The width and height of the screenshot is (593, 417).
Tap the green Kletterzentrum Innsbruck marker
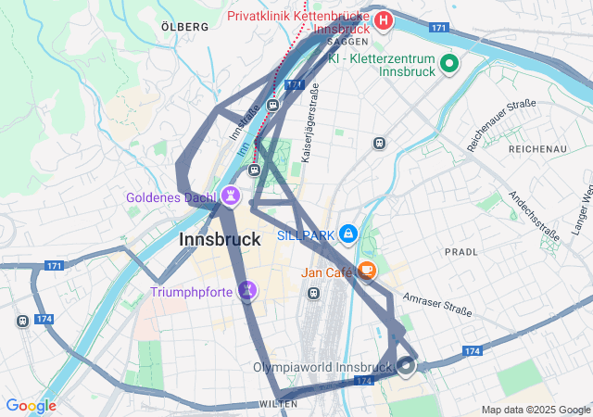tap(449, 63)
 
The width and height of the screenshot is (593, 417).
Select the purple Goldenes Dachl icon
tap(230, 196)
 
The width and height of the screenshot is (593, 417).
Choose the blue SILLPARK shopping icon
tap(348, 234)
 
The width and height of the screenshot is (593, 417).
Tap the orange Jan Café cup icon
tap(368, 272)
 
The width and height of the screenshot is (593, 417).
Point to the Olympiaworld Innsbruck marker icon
tap(406, 366)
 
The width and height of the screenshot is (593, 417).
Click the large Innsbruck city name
tap(219, 239)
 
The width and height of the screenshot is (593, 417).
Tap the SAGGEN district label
tap(349, 42)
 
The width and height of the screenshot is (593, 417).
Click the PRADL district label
tap(461, 251)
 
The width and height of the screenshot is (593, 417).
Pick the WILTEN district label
tap(278, 404)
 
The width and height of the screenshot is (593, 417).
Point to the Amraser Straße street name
tap(437, 307)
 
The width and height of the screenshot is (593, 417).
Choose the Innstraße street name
tap(245, 122)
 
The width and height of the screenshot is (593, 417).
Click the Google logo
tap(31, 405)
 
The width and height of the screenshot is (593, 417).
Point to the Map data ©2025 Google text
tap(536, 410)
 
